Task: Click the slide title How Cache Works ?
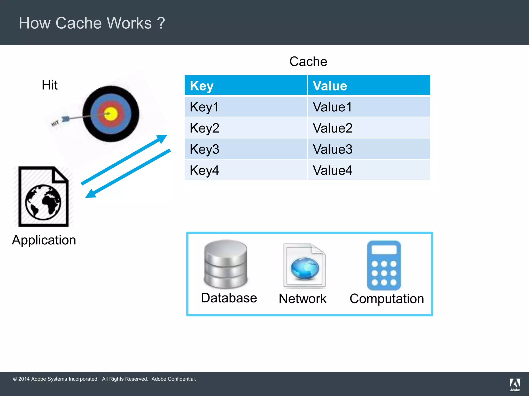92,23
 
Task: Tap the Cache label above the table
308,62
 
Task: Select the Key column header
202,86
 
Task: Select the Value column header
330,86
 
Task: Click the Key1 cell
204,107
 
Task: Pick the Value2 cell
332,128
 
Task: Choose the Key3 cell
204,149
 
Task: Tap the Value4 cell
332,170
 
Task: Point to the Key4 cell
204,170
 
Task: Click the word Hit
50,85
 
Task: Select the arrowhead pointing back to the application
90,194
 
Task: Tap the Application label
44,240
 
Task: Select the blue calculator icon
384,265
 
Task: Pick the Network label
303,299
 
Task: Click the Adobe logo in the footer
515,384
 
